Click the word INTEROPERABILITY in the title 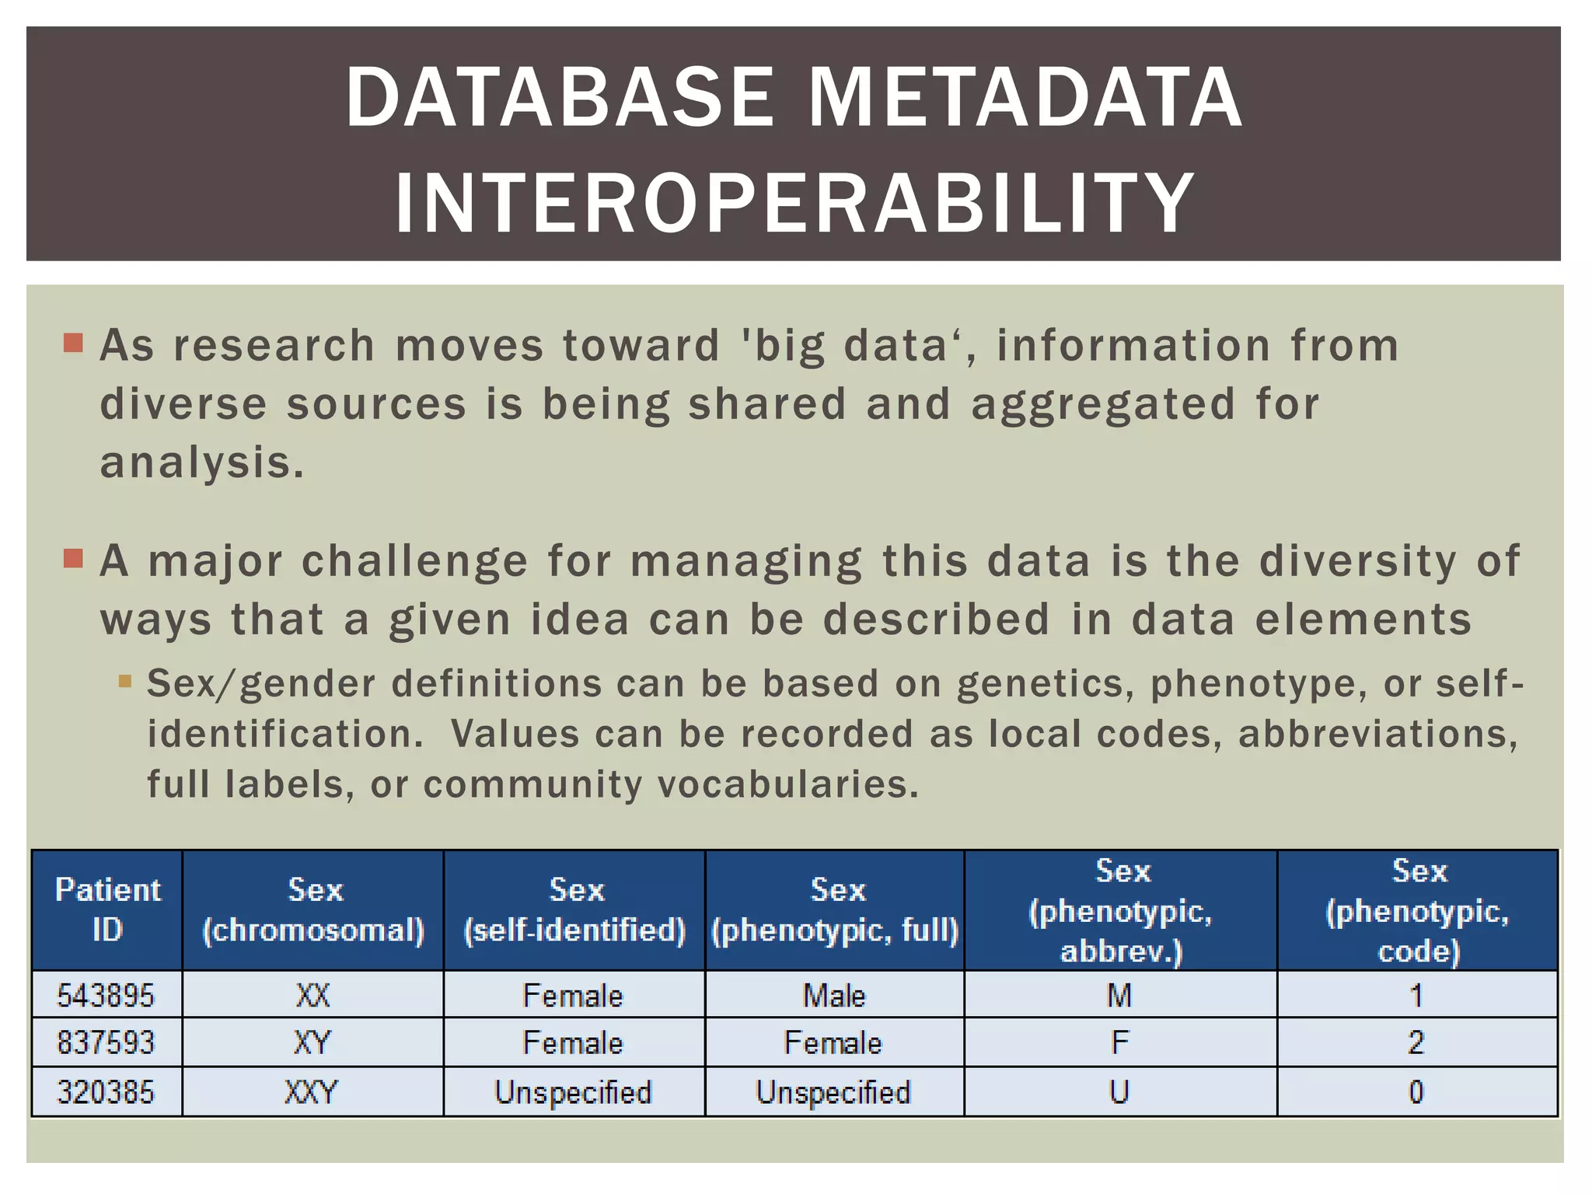[x=794, y=204]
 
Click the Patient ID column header [x=107, y=909]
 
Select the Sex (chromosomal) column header [x=313, y=909]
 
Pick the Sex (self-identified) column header [x=574, y=909]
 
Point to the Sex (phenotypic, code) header [x=1417, y=910]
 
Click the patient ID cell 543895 [x=106, y=995]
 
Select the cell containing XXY [x=312, y=1092]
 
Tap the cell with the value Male [x=834, y=995]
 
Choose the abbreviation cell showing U [x=1119, y=1092]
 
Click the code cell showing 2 [x=1416, y=1042]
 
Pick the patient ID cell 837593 [x=106, y=1042]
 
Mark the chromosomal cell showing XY [x=312, y=1042]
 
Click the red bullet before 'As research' [x=73, y=343]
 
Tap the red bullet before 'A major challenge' [x=73, y=558]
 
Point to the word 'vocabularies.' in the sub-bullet [x=788, y=784]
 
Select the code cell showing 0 [x=1416, y=1092]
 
